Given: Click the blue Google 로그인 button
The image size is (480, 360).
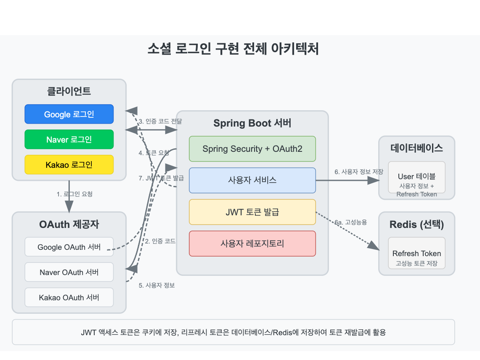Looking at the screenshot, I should tap(69, 114).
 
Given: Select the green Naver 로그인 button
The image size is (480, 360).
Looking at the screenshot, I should tap(69, 139).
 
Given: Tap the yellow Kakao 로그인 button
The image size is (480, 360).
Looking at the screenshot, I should tap(69, 164).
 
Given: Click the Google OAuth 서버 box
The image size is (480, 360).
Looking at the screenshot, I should tap(69, 247).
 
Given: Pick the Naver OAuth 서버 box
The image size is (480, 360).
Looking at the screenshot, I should tap(69, 272).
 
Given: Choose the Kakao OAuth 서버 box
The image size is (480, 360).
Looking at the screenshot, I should tap(69, 297).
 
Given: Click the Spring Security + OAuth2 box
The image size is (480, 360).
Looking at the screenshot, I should tap(252, 149).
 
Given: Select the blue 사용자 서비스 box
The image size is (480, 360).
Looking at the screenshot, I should tap(252, 180).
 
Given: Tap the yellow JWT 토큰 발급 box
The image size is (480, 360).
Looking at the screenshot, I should tap(252, 212).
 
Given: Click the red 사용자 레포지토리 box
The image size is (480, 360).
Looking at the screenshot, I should tap(252, 243).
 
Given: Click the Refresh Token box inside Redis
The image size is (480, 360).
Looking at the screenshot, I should tap(416, 254).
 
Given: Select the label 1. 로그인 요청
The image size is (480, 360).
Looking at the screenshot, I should tap(74, 194).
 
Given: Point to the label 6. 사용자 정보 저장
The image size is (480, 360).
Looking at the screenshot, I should tap(359, 172).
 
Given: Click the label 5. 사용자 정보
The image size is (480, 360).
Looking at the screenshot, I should tap(156, 285).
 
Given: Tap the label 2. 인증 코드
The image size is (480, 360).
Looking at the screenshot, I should tap(160, 241).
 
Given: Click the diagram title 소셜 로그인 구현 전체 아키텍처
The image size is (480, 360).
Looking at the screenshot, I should tap(233, 49).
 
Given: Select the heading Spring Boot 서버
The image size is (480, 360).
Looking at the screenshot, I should tap(252, 123).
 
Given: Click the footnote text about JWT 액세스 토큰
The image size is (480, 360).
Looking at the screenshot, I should tap(233, 332).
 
